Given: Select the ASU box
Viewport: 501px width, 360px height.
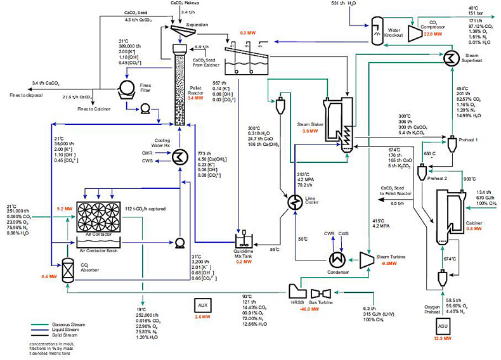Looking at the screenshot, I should tap(442, 327).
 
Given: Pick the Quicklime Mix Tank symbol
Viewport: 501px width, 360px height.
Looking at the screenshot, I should tap(244, 241).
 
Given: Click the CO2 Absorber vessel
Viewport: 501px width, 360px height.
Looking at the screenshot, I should tap(68, 270).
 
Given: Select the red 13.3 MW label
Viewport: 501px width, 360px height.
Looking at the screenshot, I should tap(442, 340).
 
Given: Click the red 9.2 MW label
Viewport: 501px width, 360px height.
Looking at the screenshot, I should tap(65, 207).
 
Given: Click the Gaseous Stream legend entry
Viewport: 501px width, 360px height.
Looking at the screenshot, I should tap(51, 324).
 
